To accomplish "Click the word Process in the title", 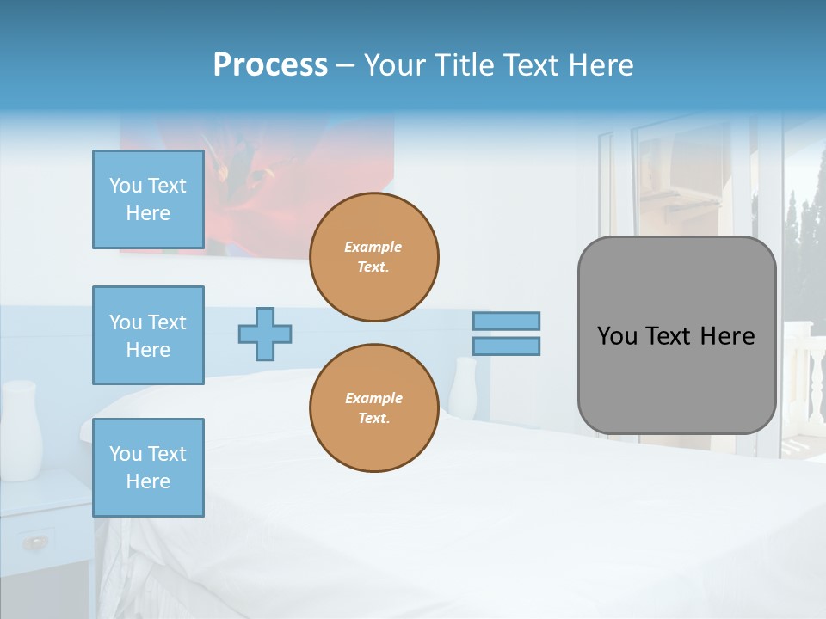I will click(x=270, y=65).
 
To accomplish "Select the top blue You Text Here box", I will click(x=148, y=199).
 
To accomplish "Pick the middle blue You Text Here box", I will click(x=148, y=335).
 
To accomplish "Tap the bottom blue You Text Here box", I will click(x=148, y=468).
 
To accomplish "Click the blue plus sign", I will click(x=265, y=334).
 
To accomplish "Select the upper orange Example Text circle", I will click(x=373, y=257).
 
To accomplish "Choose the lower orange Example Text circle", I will click(x=373, y=408).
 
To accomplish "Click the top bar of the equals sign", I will click(x=506, y=321).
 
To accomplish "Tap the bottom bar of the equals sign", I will click(x=506, y=346).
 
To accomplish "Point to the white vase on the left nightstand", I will click(x=21, y=430).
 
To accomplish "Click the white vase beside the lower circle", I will click(x=462, y=387).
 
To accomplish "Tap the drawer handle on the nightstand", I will click(x=34, y=542).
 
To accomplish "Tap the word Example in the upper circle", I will click(x=373, y=247).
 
